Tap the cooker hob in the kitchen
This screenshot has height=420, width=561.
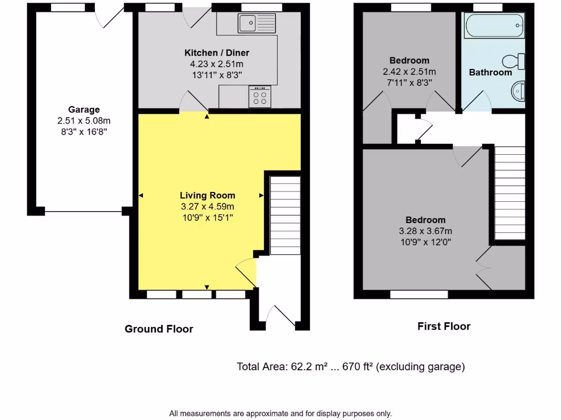[x=260, y=97]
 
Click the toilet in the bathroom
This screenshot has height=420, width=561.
[x=514, y=60]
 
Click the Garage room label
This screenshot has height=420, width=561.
[x=84, y=109]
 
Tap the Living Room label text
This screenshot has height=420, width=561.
[x=208, y=195]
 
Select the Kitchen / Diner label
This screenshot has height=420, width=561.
[x=216, y=53]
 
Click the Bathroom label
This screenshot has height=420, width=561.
[x=490, y=72]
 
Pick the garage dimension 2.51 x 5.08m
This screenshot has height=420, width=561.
[x=84, y=120]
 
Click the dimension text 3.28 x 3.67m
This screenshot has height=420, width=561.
[x=425, y=231]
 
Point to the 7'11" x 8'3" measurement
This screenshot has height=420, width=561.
[x=409, y=83]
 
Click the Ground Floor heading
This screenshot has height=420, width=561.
[x=159, y=329]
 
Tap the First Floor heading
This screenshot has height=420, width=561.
[x=444, y=326]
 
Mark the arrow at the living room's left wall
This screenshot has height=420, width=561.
[x=141, y=195]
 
